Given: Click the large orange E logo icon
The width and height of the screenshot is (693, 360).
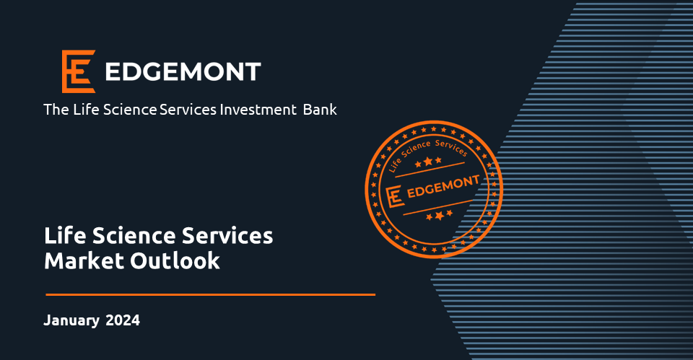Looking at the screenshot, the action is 79,71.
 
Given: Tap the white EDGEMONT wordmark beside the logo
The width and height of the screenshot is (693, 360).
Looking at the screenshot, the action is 183,72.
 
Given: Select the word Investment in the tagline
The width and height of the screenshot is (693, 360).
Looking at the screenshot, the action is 258,110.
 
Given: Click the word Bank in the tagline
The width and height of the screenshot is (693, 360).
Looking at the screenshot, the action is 320,110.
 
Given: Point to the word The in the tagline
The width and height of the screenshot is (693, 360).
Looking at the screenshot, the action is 56,110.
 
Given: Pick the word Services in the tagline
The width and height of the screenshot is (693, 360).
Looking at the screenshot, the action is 188,110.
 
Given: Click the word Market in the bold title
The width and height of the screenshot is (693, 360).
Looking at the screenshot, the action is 84,260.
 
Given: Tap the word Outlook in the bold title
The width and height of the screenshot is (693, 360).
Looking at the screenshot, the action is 175,260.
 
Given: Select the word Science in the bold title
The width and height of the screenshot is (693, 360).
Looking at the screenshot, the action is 134,235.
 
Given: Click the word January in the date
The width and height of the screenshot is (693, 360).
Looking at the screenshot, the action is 71,321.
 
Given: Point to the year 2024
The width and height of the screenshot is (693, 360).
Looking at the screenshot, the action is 123,320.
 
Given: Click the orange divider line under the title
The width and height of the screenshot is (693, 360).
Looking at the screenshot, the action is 210,294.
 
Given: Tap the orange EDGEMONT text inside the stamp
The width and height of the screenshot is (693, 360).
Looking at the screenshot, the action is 443,186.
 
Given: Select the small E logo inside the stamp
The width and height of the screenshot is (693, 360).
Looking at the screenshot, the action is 395,196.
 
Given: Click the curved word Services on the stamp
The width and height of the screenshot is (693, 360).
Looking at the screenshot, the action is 451,147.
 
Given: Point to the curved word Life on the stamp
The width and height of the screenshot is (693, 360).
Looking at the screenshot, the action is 394,164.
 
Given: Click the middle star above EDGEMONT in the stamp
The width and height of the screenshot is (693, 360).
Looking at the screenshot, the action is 428,162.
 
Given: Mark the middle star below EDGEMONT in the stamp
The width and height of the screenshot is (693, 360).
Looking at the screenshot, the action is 440,216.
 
